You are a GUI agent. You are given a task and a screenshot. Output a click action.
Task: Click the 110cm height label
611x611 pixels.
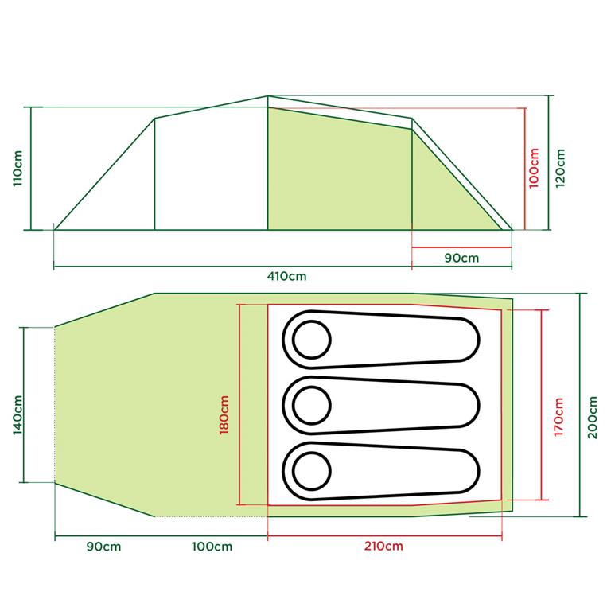(x=18, y=169)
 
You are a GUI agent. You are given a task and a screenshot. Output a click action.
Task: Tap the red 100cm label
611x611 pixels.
(x=534, y=168)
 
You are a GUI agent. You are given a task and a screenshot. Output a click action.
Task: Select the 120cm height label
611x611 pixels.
(x=560, y=168)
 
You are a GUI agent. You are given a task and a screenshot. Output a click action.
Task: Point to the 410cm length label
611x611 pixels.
(x=286, y=276)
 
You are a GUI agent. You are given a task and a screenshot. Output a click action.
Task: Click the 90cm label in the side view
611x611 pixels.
(x=461, y=258)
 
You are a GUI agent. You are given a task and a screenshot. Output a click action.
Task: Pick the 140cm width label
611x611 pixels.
(x=18, y=415)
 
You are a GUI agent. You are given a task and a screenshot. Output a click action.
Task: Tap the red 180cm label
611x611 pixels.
(x=224, y=415)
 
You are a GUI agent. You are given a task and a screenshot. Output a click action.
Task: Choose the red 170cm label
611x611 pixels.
(x=558, y=417)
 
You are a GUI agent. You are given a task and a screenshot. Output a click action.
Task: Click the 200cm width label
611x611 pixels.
(x=592, y=418)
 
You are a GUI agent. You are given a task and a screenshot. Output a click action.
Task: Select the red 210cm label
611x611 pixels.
(x=383, y=546)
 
